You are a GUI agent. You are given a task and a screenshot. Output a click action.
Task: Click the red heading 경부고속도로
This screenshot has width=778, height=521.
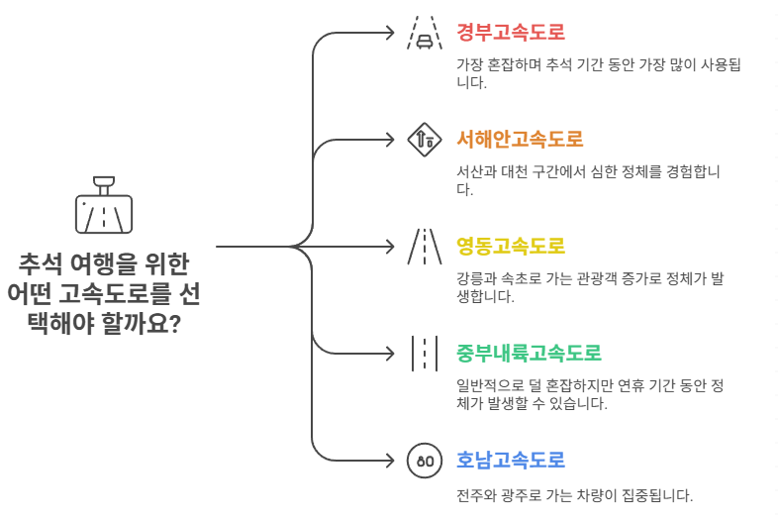[511, 31]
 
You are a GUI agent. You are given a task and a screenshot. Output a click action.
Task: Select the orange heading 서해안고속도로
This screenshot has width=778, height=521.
[520, 138]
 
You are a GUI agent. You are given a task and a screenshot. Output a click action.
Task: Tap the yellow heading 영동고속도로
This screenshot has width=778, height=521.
[511, 245]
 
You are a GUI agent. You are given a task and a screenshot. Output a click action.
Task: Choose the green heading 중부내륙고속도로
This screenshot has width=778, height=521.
[530, 353]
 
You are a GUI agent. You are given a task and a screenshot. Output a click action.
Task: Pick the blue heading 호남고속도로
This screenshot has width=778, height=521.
[511, 460]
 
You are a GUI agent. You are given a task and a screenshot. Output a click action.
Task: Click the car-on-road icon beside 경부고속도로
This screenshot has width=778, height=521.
[424, 33]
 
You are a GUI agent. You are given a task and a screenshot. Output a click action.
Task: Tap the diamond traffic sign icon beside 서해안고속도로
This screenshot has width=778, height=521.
[424, 140]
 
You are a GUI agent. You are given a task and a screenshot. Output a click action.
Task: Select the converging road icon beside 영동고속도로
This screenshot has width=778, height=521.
[424, 247]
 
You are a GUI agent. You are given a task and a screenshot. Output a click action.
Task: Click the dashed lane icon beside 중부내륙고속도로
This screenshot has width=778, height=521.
[424, 354]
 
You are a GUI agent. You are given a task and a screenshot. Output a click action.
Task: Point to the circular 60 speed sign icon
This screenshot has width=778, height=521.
[424, 461]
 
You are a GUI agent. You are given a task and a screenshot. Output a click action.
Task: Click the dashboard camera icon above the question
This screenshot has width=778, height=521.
[104, 204]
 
